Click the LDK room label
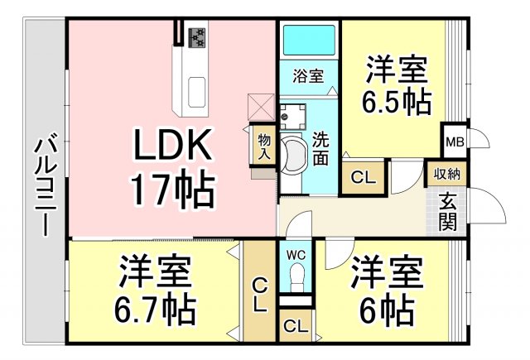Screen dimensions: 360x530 (173, 147)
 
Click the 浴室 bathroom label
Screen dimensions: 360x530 (307, 74)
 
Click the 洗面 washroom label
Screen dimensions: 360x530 (321, 148)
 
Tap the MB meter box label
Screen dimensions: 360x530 (455, 142)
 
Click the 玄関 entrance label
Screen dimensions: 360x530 (448, 211)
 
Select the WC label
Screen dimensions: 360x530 (296, 255)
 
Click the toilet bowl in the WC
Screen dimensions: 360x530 (296, 276)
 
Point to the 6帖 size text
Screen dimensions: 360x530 (387, 311)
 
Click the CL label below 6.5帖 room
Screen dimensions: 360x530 (362, 178)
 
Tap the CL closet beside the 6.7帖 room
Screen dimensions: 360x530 (258, 294)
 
